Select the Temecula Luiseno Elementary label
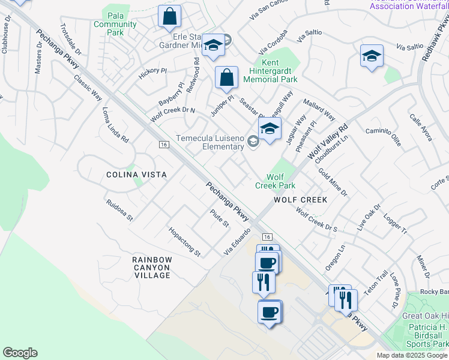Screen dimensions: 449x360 tap(209, 142)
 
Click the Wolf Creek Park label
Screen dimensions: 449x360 tap(275, 181)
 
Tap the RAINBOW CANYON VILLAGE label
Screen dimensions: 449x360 tap(152, 268)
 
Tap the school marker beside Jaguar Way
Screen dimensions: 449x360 tap(270, 128)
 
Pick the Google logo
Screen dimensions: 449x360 tap(20, 353)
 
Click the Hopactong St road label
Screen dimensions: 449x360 tap(184, 241)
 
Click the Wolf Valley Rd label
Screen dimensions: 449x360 tap(329, 142)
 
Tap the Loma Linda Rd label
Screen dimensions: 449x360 tap(115, 125)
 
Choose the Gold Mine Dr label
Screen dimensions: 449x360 tap(333, 182)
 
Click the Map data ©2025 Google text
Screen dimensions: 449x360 tap(412, 355)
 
